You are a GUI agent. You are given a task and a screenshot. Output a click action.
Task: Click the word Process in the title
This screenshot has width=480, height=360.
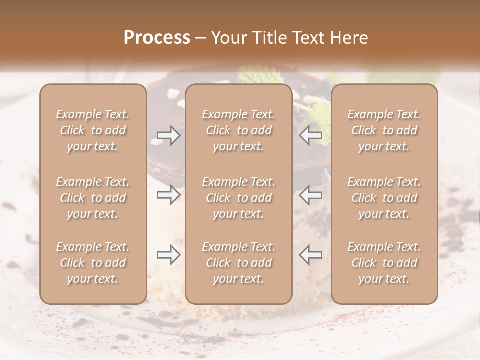coord(157,38)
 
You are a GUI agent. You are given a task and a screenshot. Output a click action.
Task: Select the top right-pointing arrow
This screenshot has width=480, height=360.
coord(168,135)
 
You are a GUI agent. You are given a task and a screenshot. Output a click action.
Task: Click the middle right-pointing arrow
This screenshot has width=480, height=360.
coord(168,195)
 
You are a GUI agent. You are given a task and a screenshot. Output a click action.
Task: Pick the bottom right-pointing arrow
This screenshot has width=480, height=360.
coord(168,255)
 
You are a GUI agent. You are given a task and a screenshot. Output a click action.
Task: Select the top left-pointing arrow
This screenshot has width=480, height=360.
coord(310,135)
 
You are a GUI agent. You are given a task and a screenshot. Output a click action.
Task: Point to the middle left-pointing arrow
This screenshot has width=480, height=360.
coord(310,195)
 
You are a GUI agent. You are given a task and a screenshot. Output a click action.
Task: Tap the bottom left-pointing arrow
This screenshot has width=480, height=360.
coord(310,255)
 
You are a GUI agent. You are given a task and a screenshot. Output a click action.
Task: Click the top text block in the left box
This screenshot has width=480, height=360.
coord(93,130)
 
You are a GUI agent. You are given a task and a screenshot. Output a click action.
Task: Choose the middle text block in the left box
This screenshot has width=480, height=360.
coord(93,198)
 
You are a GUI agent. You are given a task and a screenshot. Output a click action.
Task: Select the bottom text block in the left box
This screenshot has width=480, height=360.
coord(93,263)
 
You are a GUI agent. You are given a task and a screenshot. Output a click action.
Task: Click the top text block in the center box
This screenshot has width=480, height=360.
coord(238,130)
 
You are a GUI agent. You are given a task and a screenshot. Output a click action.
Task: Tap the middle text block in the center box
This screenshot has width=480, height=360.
coord(238,198)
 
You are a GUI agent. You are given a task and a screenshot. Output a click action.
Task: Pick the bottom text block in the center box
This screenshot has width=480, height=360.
coord(238,263)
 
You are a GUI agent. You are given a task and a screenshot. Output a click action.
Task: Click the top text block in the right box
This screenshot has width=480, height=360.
coord(384,130)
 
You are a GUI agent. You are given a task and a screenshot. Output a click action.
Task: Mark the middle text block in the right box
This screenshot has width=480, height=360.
coord(384,198)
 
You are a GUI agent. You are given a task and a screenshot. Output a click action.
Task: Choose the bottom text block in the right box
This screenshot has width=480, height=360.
coord(384,263)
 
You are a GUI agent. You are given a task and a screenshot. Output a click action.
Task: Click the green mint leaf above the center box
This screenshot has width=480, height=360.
coord(255,76)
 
